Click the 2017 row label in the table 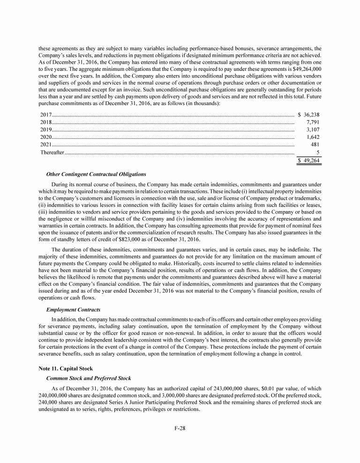[x=46, y=114]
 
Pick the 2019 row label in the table [x=46, y=129]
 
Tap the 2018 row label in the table [x=46, y=122]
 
